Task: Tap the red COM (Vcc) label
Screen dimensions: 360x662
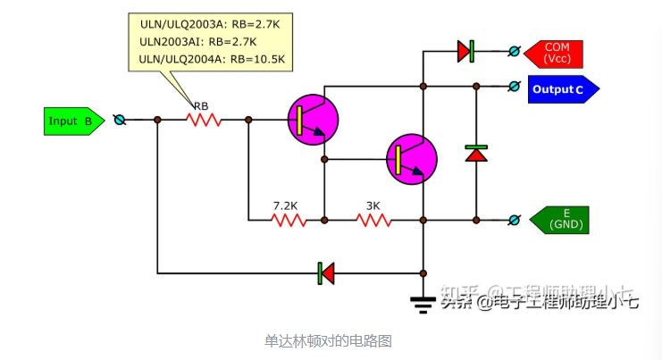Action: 557,53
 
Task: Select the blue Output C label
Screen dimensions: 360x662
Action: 561,89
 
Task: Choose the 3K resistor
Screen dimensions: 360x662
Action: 373,220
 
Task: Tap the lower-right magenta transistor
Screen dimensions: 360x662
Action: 411,158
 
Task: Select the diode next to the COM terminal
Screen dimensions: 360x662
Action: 465,52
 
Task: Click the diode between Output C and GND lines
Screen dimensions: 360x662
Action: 476,153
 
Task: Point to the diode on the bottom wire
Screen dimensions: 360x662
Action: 326,272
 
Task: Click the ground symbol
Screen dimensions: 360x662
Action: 423,303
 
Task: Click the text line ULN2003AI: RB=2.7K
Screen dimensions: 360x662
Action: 197,42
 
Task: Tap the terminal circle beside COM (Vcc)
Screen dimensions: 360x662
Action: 514,52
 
